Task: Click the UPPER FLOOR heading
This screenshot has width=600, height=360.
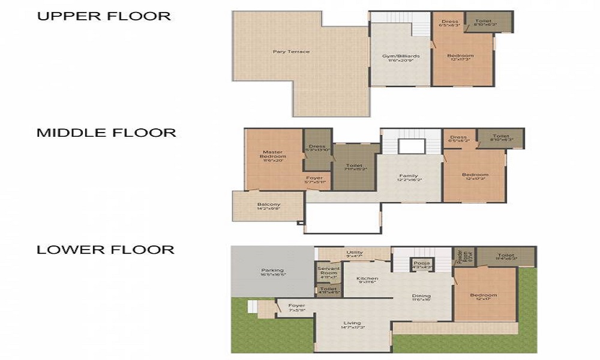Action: point(104,16)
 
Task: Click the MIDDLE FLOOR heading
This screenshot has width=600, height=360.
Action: point(107,133)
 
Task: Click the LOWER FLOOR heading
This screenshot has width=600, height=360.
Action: point(106,250)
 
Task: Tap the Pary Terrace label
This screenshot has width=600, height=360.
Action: point(292,52)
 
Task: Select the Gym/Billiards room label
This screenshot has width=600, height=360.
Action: point(401,56)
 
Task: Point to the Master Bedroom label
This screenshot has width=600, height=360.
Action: point(274,155)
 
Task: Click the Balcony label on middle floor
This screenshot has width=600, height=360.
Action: point(269,205)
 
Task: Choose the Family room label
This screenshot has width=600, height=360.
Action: point(409,176)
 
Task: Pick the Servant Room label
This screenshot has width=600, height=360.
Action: point(328,272)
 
